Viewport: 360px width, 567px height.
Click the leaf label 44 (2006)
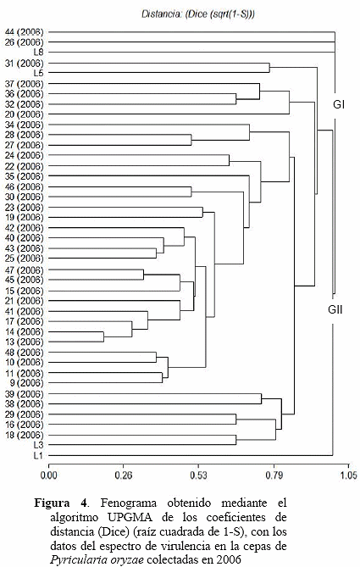tap(25, 32)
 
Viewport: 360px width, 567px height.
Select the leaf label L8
tap(38, 53)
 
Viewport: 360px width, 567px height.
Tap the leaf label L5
tap(38, 73)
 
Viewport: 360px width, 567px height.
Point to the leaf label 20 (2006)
tap(25, 114)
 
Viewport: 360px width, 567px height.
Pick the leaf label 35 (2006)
tap(25, 176)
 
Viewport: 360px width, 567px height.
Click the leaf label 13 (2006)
tap(25, 342)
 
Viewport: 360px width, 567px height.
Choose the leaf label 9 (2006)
tap(26, 382)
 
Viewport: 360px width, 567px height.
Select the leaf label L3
tap(38, 445)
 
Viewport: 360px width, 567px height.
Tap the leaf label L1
tap(38, 455)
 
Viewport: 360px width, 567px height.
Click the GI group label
tap(339, 105)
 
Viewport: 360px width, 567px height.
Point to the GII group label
tap(335, 309)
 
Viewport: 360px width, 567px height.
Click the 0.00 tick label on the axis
tap(49, 475)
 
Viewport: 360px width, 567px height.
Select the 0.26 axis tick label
tap(124, 475)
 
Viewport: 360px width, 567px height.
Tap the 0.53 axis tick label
tap(199, 475)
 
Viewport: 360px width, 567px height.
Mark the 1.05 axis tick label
tap(349, 475)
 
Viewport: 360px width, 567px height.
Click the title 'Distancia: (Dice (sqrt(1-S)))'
tap(198, 14)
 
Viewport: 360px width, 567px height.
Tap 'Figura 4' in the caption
tap(61, 503)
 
